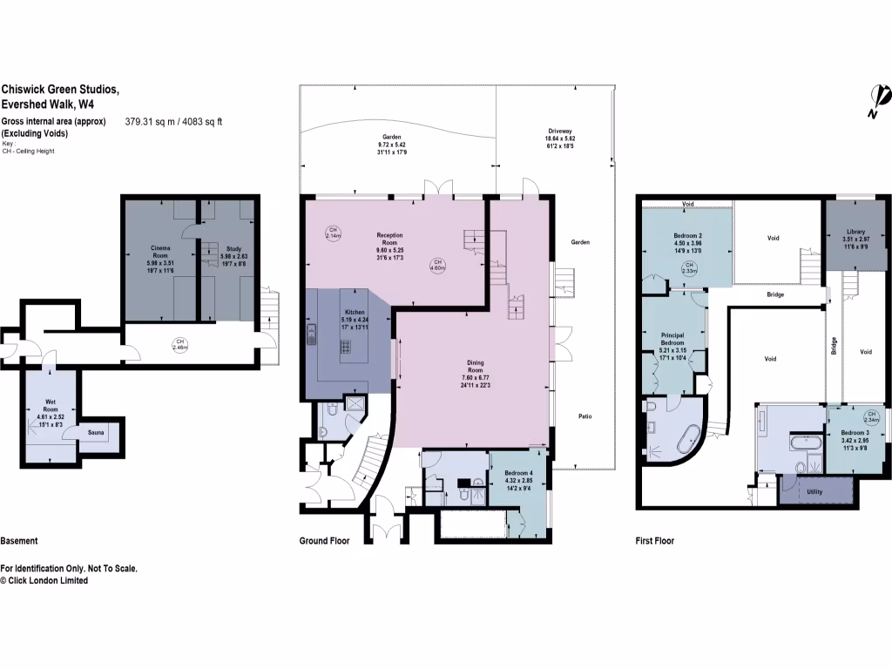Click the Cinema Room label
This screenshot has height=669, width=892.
point(160,252)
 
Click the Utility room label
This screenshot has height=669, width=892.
point(814,492)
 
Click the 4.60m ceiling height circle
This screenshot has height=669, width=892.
point(439,266)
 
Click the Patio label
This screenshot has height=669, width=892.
point(585,416)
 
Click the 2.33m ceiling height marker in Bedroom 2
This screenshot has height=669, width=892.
point(689,267)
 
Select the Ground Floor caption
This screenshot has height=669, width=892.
point(324,541)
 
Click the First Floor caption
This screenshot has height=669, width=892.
point(654,541)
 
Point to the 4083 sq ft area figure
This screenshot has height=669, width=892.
point(200,122)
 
